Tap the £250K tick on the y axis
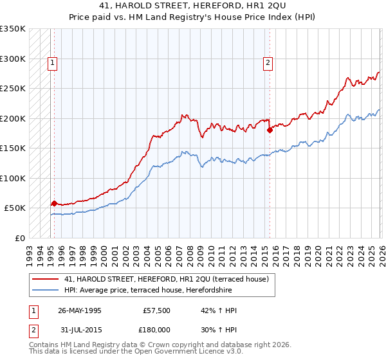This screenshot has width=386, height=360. [x=13, y=89]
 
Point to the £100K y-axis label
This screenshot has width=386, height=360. [x=13, y=178]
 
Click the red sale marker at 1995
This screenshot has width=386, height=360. [x=54, y=203]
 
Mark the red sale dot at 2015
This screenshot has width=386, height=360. [x=270, y=130]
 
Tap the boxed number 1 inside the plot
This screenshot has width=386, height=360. [x=52, y=62]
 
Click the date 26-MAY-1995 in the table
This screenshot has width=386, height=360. [x=79, y=310]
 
